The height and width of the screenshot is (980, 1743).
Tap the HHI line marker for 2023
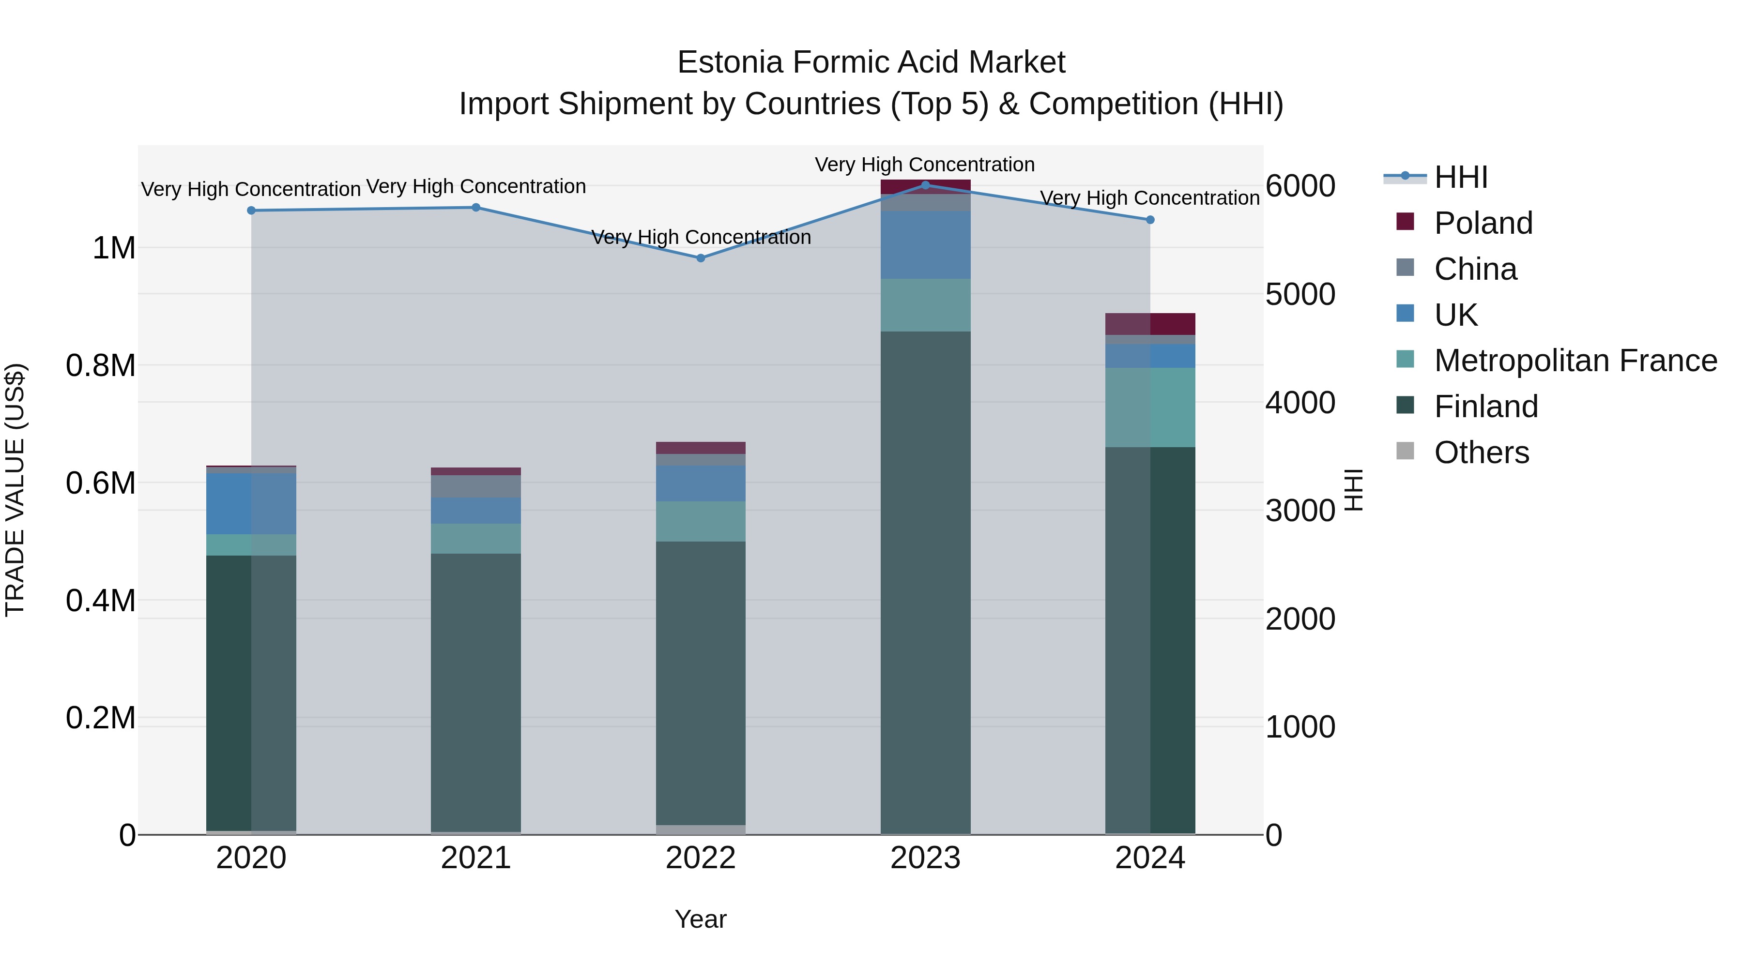926,185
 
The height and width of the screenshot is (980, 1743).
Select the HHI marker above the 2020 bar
251,211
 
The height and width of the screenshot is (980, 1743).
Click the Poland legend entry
1483,223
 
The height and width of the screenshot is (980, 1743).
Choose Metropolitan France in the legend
1575,361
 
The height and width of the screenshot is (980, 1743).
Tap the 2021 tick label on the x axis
475,858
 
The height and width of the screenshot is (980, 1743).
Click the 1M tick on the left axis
114,248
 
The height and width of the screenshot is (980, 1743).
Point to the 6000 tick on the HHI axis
1300,186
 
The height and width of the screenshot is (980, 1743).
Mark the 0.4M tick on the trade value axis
101,601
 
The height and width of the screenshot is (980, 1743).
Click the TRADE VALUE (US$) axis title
15,490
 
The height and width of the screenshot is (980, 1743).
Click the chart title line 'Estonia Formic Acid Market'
871,62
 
